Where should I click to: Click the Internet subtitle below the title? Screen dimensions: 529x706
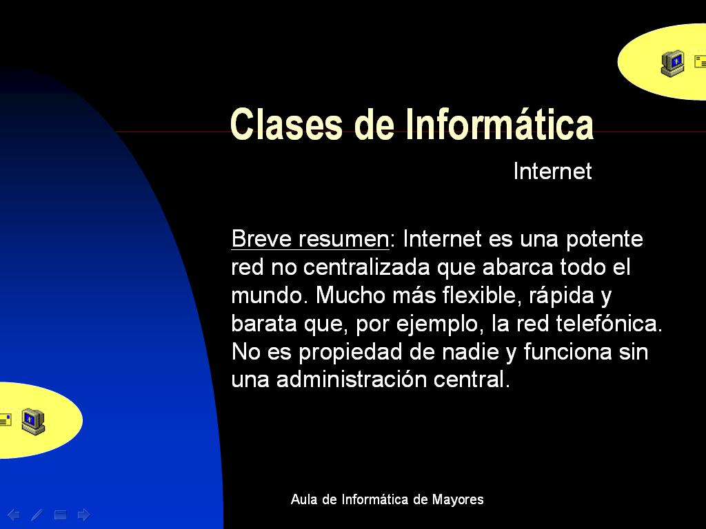pos(552,172)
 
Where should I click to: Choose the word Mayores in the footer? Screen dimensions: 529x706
pos(458,499)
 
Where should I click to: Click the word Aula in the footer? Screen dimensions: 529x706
pos(303,499)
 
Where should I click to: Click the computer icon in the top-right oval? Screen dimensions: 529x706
pos(672,63)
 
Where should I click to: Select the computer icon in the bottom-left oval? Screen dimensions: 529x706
pos(32,420)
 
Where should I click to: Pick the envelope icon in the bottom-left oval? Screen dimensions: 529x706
pos(6,419)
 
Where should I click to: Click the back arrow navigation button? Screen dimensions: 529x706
pos(13,515)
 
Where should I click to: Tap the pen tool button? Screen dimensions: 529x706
pos(37,515)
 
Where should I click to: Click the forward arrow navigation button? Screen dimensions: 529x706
pos(83,515)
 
